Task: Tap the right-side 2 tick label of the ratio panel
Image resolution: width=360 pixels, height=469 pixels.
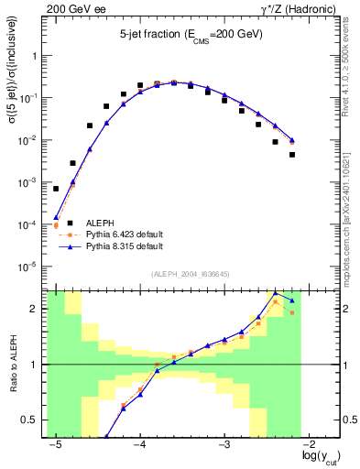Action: (343, 309)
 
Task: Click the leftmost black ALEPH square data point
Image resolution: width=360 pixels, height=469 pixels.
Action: (56, 189)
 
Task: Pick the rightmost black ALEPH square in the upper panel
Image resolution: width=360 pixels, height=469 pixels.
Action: (292, 154)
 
